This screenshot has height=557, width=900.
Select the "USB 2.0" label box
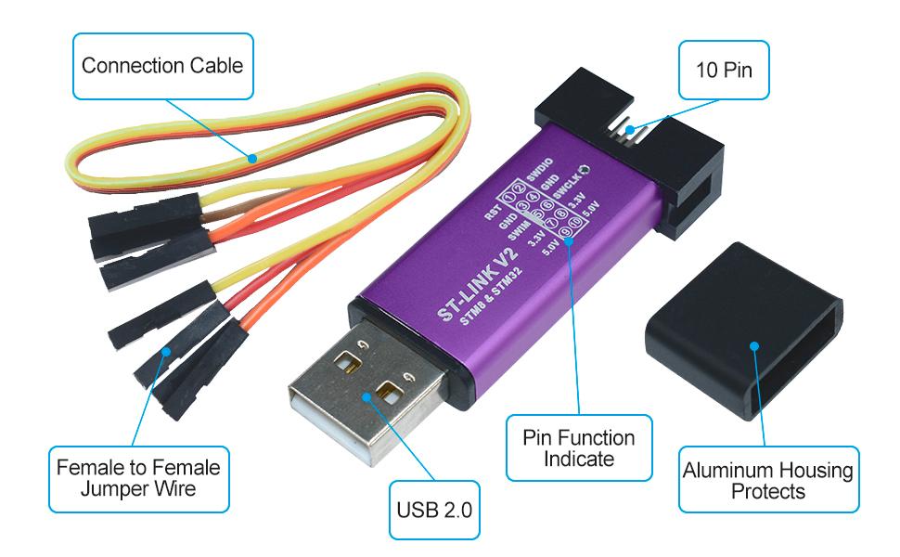click(x=434, y=509)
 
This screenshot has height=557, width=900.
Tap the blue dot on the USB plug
click(x=366, y=395)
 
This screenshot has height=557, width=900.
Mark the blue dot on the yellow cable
click(x=251, y=158)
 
